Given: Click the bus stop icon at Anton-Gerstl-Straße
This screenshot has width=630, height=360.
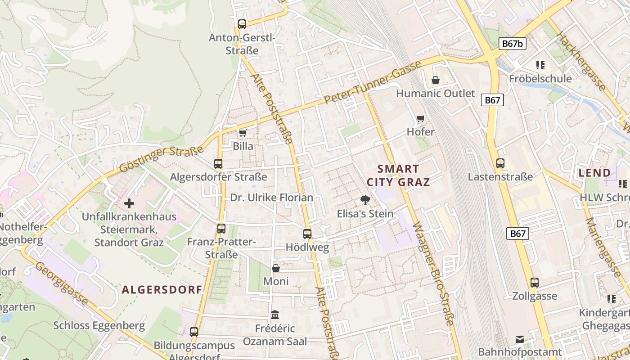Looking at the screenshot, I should click(242, 24).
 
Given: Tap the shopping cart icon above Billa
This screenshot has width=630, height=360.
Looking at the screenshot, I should click(243, 132).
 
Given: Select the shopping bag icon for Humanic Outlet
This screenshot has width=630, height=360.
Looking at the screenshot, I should click(435, 80).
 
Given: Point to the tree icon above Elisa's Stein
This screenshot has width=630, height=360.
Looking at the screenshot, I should click(365, 200).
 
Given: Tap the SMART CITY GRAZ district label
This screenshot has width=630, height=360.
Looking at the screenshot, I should click(398, 175).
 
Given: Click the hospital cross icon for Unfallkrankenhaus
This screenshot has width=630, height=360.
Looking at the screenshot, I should click(129, 203).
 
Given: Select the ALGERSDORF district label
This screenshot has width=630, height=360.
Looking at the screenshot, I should click(162, 289).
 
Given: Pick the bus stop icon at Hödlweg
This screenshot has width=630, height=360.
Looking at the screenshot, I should click(307, 234).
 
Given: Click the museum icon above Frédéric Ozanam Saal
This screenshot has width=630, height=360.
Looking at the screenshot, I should click(275, 315).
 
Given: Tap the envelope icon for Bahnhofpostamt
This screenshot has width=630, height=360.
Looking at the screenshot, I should click(520, 338).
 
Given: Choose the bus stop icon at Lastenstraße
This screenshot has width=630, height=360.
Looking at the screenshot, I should click(500, 163).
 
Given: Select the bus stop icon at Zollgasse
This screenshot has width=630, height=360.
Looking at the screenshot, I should click(535, 283).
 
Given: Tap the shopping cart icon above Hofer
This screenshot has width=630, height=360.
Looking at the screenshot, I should click(420, 118).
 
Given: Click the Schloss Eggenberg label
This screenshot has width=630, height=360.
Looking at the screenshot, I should click(99, 325).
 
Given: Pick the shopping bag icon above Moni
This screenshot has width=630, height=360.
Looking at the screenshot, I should click(276, 268).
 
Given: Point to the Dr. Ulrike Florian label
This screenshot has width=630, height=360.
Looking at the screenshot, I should click(271, 198).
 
